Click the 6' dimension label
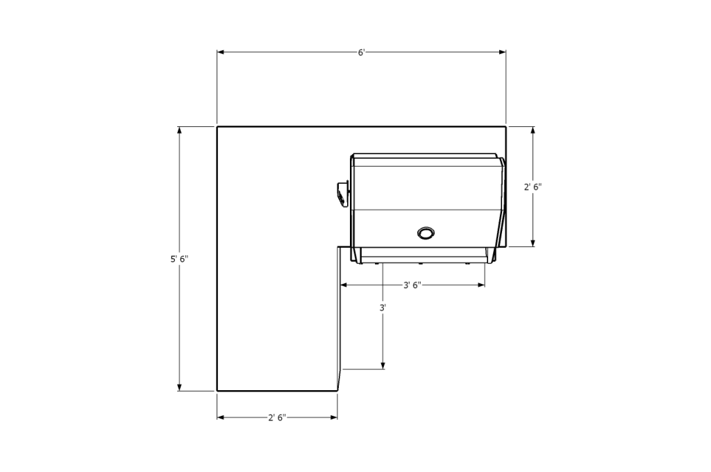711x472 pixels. pos(361,53)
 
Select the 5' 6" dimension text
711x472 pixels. pos(180,260)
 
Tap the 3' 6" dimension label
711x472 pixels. pos(412,285)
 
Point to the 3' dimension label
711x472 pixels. pos(383,308)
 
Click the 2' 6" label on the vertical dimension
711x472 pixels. pos(533,187)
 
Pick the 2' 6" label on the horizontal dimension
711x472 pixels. pos(277,418)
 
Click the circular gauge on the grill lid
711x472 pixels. pos(426,233)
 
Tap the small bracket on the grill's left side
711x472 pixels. pos(343,194)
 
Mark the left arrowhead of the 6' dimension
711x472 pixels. pos(220,52)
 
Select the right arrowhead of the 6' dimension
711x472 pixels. pos(503,52)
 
